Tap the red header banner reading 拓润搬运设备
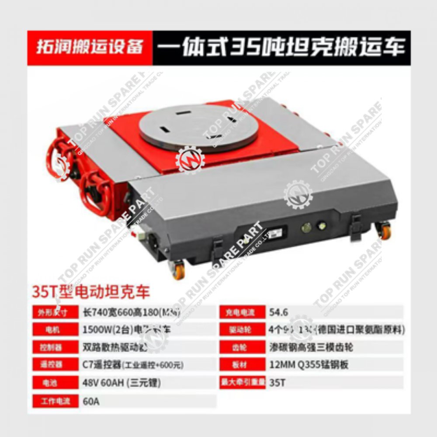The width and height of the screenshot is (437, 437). point(90,47)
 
